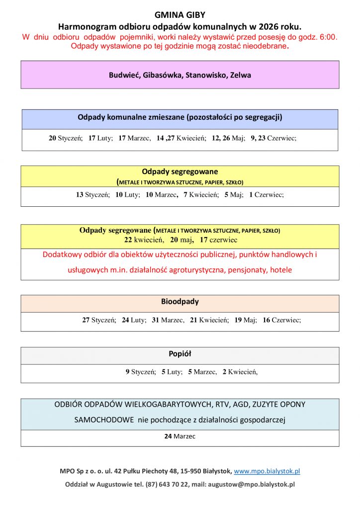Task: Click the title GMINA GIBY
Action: click(x=180, y=15)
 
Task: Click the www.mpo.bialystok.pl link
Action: click(x=267, y=471)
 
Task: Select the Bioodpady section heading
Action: click(x=180, y=302)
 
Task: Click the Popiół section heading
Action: click(x=180, y=354)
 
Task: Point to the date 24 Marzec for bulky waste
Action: click(x=180, y=436)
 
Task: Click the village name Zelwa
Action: click(x=241, y=76)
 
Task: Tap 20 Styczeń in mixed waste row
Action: click(x=65, y=138)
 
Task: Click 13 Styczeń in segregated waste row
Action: click(x=92, y=195)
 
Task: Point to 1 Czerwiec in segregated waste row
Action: click(x=266, y=195)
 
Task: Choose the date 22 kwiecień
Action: click(x=144, y=240)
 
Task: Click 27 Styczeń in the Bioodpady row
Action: click(x=99, y=320)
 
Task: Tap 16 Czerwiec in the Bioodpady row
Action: click(x=281, y=320)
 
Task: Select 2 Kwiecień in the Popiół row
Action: click(x=240, y=371)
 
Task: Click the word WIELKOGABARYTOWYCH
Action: click(x=168, y=405)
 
